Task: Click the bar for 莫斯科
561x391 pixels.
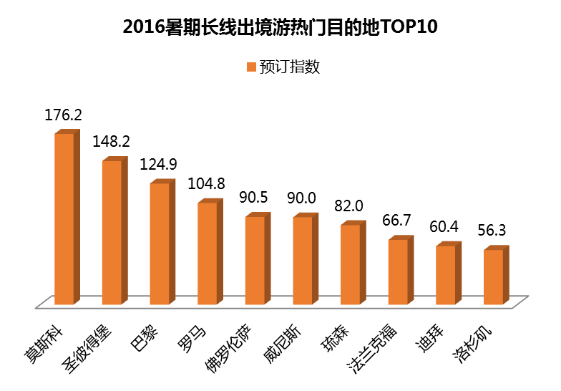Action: coord(64,218)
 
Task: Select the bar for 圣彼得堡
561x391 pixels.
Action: coord(112,232)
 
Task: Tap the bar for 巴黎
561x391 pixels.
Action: coord(160,243)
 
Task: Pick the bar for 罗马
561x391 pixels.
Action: coord(207,253)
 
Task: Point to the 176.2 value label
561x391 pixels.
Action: coord(64,115)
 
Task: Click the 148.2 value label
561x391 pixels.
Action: coord(111,141)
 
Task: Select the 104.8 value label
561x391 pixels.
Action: coord(207,183)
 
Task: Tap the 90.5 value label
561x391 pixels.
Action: coord(254,198)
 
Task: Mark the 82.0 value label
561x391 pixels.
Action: coord(349,206)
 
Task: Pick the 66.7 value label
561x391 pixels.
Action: coord(397,221)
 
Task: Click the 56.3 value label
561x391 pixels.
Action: coord(492,231)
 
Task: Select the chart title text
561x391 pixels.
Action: coord(280,27)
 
